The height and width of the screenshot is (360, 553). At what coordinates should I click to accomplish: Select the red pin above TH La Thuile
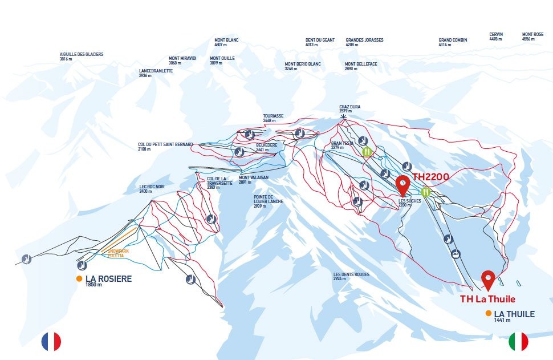click(x=488, y=280)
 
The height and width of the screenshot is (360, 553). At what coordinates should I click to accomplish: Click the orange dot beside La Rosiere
click(x=79, y=279)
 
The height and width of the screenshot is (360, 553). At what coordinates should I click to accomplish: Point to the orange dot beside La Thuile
click(x=489, y=314)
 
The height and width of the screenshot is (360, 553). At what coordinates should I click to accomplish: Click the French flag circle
click(x=51, y=341)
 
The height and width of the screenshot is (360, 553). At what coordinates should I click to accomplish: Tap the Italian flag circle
click(x=518, y=341)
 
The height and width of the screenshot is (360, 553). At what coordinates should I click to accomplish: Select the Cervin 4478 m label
click(x=496, y=37)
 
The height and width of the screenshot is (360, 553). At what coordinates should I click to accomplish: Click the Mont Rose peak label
click(x=532, y=37)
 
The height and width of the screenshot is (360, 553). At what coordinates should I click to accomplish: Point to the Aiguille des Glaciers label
click(x=82, y=56)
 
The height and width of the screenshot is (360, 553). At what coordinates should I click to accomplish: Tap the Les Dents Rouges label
click(x=351, y=277)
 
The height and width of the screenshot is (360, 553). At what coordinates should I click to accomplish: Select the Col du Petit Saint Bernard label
click(x=165, y=147)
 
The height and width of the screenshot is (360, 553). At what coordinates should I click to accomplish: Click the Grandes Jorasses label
click(x=364, y=42)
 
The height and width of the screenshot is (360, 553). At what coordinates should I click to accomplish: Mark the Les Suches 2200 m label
click(x=409, y=203)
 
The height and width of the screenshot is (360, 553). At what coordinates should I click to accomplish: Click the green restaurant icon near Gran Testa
click(x=367, y=152)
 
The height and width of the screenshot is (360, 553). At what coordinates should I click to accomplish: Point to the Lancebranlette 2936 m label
click(x=156, y=73)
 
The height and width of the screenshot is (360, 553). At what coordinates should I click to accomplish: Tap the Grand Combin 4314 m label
click(x=453, y=42)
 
